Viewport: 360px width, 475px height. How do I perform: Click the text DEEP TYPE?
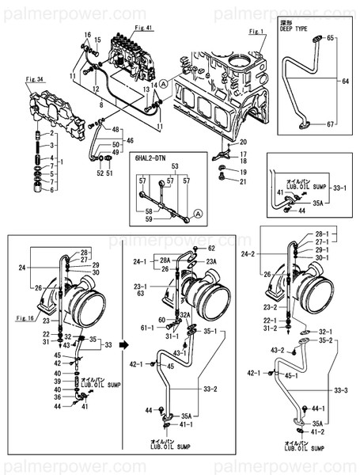(294, 31)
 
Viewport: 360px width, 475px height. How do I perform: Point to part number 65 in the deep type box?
(331, 38)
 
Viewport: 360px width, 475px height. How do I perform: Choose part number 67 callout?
(331, 124)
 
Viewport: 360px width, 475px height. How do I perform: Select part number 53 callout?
(176, 167)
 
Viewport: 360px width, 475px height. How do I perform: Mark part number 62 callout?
(211, 249)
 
